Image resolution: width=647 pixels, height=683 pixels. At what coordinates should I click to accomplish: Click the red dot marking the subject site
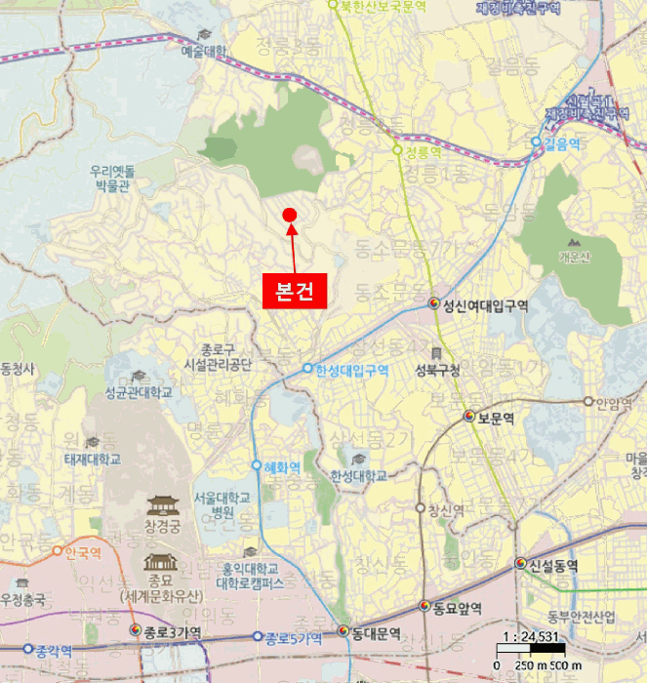tap(289, 215)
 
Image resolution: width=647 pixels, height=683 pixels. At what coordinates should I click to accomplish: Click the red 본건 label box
tap(294, 291)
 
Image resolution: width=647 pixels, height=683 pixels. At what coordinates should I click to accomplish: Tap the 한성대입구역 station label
tap(351, 370)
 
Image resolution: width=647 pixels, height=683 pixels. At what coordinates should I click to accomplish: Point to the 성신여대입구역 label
tap(485, 305)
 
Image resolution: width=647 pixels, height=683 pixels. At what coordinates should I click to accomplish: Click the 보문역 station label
tap(495, 418)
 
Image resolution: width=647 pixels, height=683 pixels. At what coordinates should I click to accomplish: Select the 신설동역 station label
tap(552, 565)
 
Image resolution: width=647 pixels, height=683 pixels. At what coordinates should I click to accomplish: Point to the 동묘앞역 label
tap(458, 608)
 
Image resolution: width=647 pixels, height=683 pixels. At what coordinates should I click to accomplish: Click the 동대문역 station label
tap(376, 633)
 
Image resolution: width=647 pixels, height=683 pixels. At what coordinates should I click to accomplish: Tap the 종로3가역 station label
tap(174, 633)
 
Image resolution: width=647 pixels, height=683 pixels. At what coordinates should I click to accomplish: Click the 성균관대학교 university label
tap(138, 392)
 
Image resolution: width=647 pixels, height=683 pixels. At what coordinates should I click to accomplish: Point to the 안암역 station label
tap(615, 401)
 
